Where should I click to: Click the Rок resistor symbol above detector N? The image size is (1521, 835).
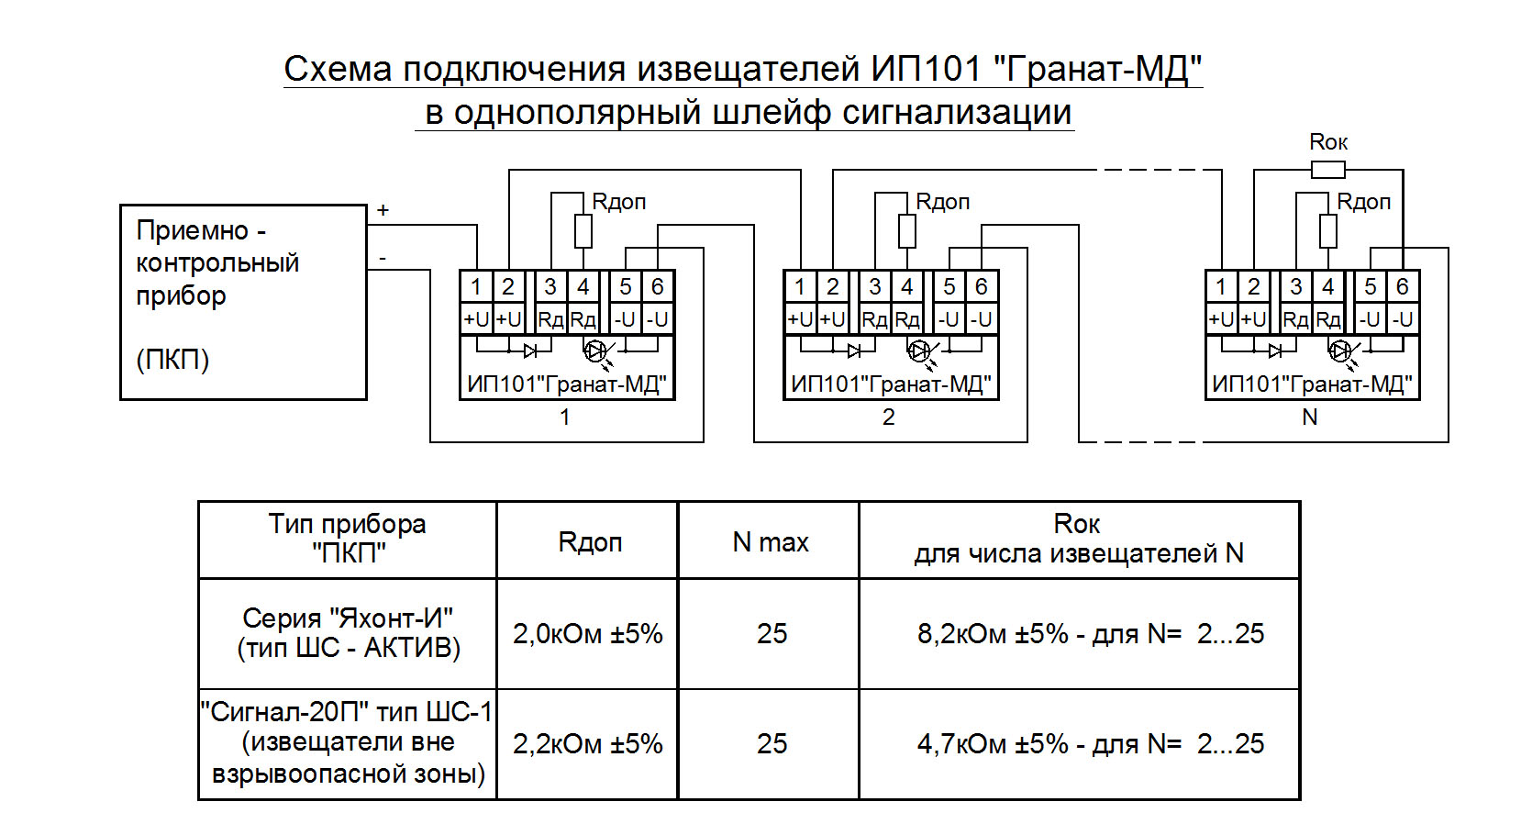(x=1327, y=170)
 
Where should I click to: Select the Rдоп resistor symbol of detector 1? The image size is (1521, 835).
(x=583, y=231)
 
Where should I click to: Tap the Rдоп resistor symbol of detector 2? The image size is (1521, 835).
(x=906, y=231)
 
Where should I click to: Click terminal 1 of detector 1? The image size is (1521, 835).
(x=475, y=287)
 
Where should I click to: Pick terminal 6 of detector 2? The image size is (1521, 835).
(x=981, y=287)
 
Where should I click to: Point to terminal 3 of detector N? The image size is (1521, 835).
(x=1295, y=287)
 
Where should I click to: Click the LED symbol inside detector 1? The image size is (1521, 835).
(x=595, y=351)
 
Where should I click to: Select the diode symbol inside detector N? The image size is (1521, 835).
(x=1274, y=351)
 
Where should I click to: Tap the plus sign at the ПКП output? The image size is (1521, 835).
(x=383, y=210)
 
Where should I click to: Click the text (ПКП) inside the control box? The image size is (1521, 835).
(x=172, y=360)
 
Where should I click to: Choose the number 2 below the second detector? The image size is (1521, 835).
(x=888, y=417)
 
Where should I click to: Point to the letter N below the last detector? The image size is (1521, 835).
(x=1309, y=417)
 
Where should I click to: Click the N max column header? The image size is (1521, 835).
(x=770, y=542)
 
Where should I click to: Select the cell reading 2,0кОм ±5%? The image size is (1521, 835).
(x=587, y=634)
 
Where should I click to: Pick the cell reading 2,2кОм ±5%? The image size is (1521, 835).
(x=587, y=744)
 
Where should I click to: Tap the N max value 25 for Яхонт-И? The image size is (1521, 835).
(x=772, y=634)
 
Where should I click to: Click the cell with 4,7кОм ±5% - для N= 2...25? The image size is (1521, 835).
(x=1090, y=744)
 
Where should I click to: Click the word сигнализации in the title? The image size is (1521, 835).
(x=957, y=112)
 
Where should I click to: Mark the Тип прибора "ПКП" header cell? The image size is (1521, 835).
(x=348, y=539)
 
